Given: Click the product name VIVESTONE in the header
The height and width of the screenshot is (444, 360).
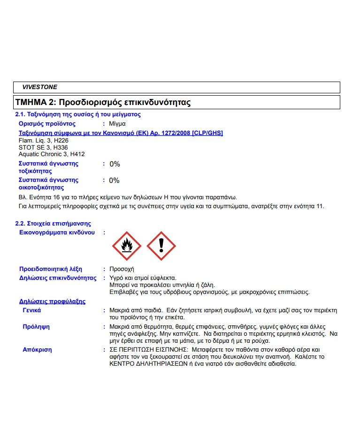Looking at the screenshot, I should tap(39, 87).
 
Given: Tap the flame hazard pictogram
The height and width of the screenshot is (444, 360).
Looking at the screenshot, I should tap(126, 246).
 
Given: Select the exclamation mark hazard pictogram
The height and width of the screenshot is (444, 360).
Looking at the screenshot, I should tap(161, 246).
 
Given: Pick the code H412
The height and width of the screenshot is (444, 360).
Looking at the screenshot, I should tap(77, 154).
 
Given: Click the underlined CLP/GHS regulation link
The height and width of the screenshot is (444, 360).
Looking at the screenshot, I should tap(121, 133).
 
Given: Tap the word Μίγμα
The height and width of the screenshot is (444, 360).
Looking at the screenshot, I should tap(117, 124).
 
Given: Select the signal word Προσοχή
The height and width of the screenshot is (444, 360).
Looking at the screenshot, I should tap(122, 269).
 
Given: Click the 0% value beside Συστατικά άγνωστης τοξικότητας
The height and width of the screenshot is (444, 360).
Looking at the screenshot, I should tap(115, 164).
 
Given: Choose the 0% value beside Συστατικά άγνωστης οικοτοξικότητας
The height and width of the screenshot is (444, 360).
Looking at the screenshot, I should tap(114, 181).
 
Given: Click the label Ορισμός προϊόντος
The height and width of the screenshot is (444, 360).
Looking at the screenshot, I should tap(47, 124).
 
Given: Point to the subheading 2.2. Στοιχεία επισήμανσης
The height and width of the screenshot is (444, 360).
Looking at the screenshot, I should tap(53, 224).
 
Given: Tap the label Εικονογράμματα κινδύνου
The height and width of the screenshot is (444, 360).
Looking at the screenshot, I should tap(57, 233).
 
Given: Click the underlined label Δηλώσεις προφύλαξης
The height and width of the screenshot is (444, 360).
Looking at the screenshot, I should tap(52, 301).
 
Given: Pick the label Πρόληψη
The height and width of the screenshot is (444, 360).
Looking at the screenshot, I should tap(36, 326).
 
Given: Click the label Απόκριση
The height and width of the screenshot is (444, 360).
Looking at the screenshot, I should tap(37, 350).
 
